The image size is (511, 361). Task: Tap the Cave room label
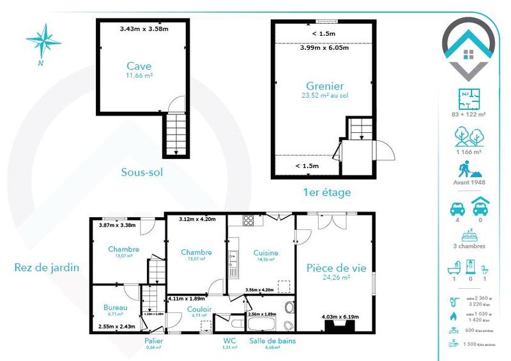click(139, 66)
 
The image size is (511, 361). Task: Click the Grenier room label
click(324, 86)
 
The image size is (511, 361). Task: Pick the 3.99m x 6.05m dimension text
click(324, 47)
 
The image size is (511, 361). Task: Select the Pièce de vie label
click(336, 268)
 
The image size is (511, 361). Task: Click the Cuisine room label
click(265, 252)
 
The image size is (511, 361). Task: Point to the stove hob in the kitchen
click(248, 220)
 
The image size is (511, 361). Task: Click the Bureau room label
click(115, 307)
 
